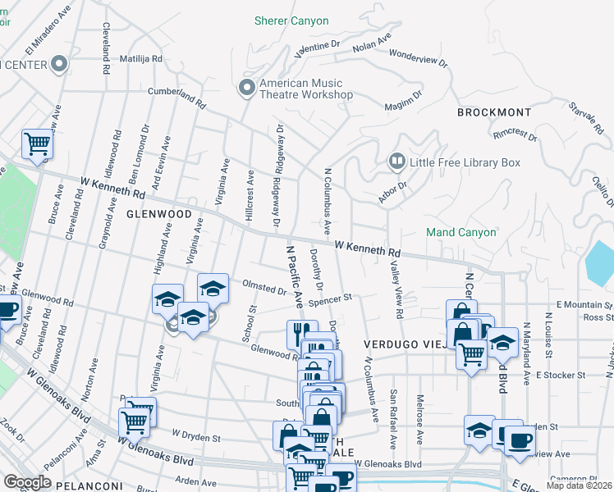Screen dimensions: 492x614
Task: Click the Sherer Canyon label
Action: point(291,20)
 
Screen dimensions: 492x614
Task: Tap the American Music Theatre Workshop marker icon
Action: point(245,87)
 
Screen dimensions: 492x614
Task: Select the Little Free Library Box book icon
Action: point(397,162)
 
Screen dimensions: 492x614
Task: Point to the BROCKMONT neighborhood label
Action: point(494,112)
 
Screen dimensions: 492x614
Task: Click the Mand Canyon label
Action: point(461,233)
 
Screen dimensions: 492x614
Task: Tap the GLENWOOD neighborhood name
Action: point(159,214)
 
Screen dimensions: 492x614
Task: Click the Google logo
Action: point(27,482)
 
